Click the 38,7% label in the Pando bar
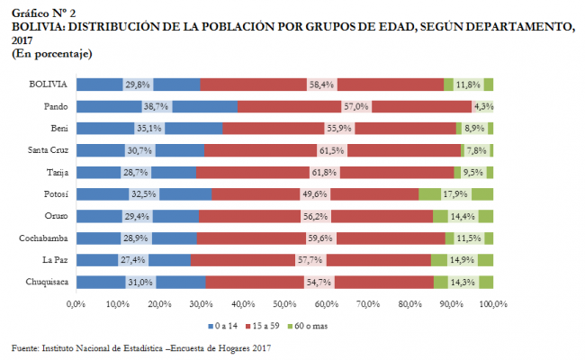click(156, 106)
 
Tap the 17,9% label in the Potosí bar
click(455, 193)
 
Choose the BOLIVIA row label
click(48, 84)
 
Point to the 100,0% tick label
click(492, 303)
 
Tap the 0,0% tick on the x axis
click(76, 303)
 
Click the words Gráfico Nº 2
click(43, 12)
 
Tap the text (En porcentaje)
click(52, 55)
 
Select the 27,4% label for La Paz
click(135, 260)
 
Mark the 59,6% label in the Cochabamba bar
click(320, 238)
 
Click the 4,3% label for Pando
click(484, 106)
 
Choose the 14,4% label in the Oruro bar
click(463, 216)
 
